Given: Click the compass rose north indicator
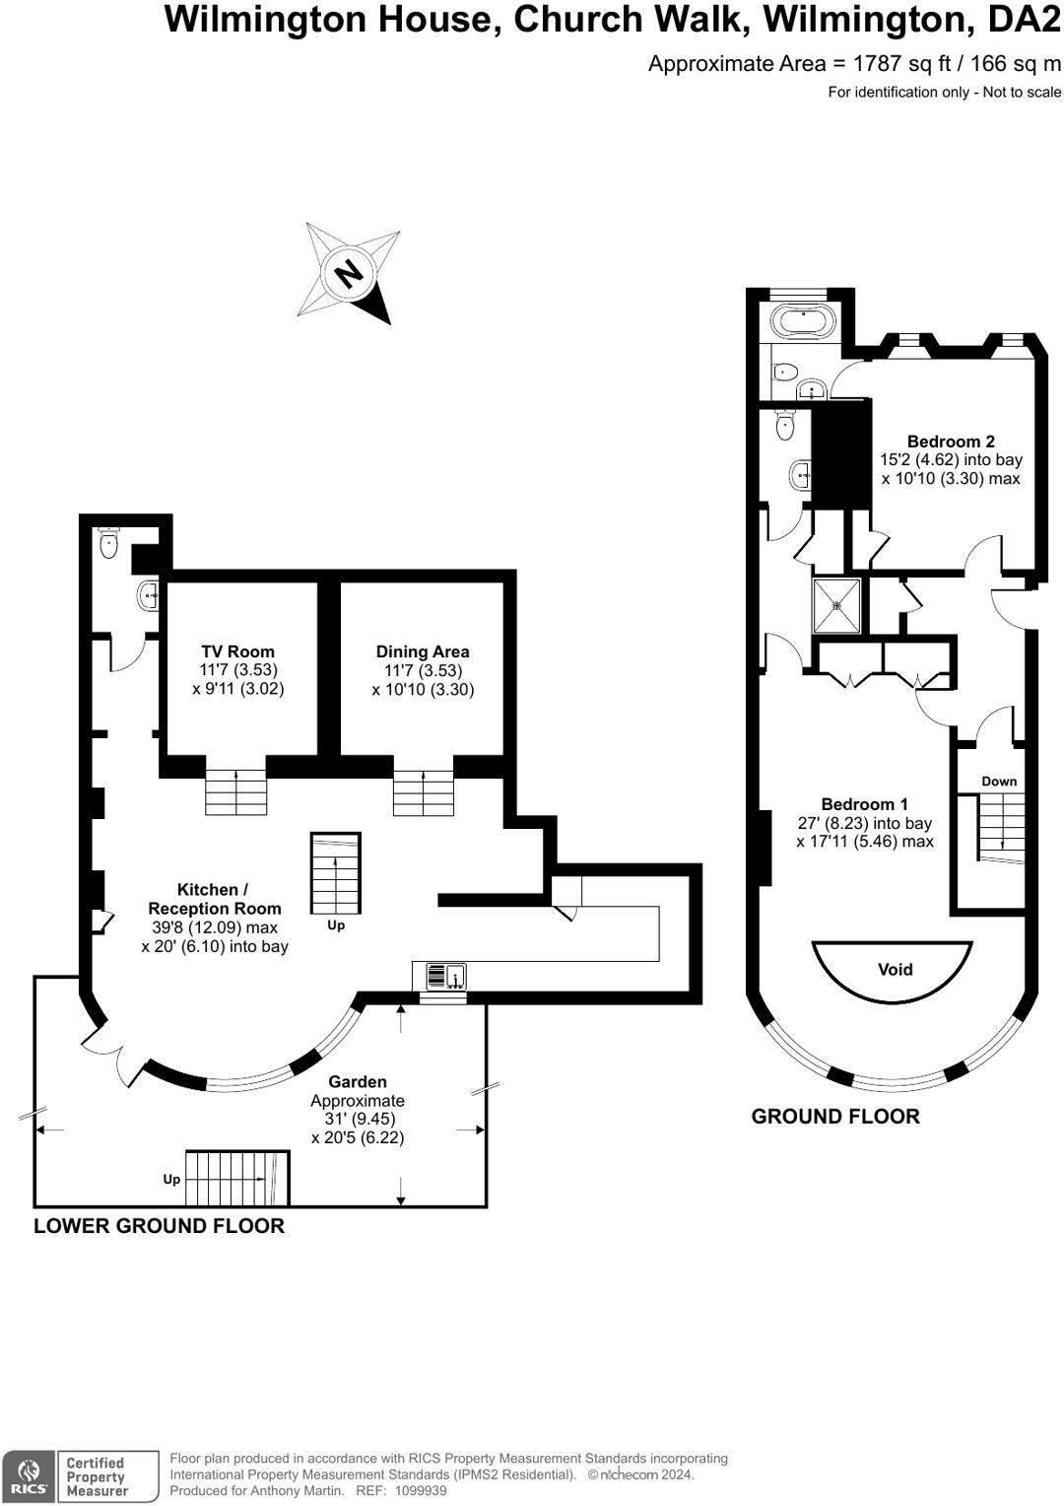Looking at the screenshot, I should tap(348, 271).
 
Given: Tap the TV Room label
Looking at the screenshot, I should tap(237, 651).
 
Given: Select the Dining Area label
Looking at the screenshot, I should tap(423, 651).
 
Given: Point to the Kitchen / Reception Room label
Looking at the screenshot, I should tap(215, 899).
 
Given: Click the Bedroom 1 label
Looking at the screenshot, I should tap(865, 804).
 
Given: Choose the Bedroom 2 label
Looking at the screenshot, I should tap(951, 442).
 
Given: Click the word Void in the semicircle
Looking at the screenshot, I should tap(895, 970).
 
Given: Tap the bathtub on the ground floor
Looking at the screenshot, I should tap(803, 321).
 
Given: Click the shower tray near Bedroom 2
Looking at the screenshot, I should tap(836, 605).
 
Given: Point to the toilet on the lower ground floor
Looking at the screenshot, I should tap(108, 543).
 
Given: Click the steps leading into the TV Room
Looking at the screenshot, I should tap(236, 792).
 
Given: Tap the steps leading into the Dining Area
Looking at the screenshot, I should tap(424, 792).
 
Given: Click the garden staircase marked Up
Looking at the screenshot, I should tap(236, 1178).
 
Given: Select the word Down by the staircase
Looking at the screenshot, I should tap(999, 782).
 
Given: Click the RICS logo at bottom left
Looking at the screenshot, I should tap(29, 1476).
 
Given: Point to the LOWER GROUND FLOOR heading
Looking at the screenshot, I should tap(159, 1226).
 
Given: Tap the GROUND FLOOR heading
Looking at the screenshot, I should tap(835, 1117).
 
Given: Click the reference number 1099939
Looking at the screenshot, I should tap(420, 1491).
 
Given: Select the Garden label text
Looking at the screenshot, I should tap(358, 1082).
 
